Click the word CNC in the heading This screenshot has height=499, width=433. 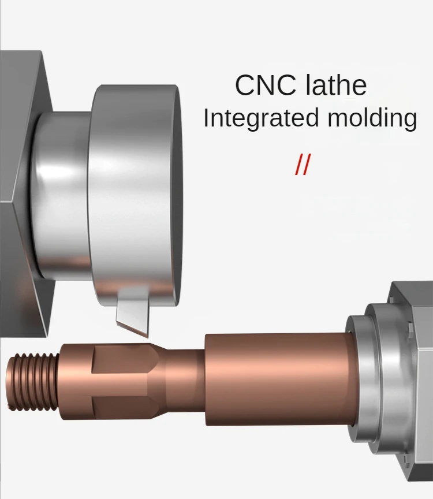(x=262, y=85)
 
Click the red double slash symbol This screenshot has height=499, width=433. (x=302, y=165)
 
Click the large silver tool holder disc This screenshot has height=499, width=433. (x=136, y=191)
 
